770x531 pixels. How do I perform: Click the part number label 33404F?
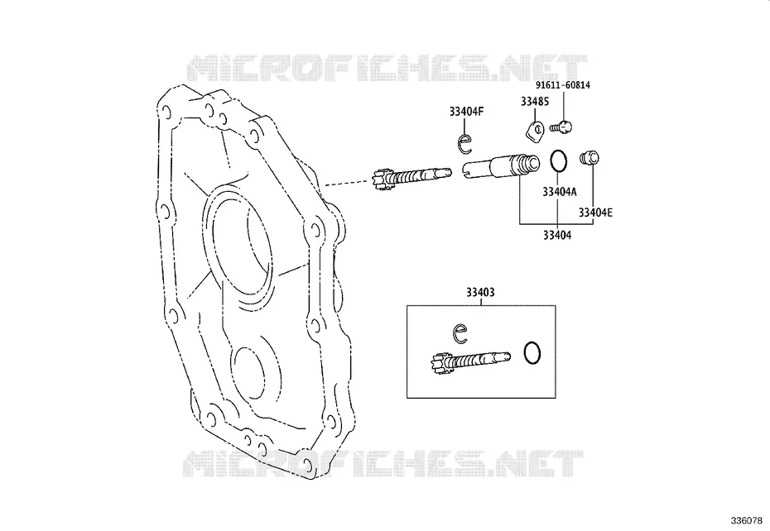pos(466,112)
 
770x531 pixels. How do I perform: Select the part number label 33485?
pos(535,102)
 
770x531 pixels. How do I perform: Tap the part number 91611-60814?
pos(563,85)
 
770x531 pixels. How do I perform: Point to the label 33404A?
pos(560,192)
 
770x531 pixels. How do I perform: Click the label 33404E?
pos(595,213)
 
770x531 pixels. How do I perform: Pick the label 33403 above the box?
pos(480,293)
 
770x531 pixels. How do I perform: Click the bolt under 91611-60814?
pos(561,127)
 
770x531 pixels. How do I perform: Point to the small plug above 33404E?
pos(590,158)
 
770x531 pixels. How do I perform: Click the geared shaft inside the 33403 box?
pos(470,361)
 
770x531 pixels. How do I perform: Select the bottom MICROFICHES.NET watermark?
pos(383,463)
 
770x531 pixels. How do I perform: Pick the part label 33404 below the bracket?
pos(557,236)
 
